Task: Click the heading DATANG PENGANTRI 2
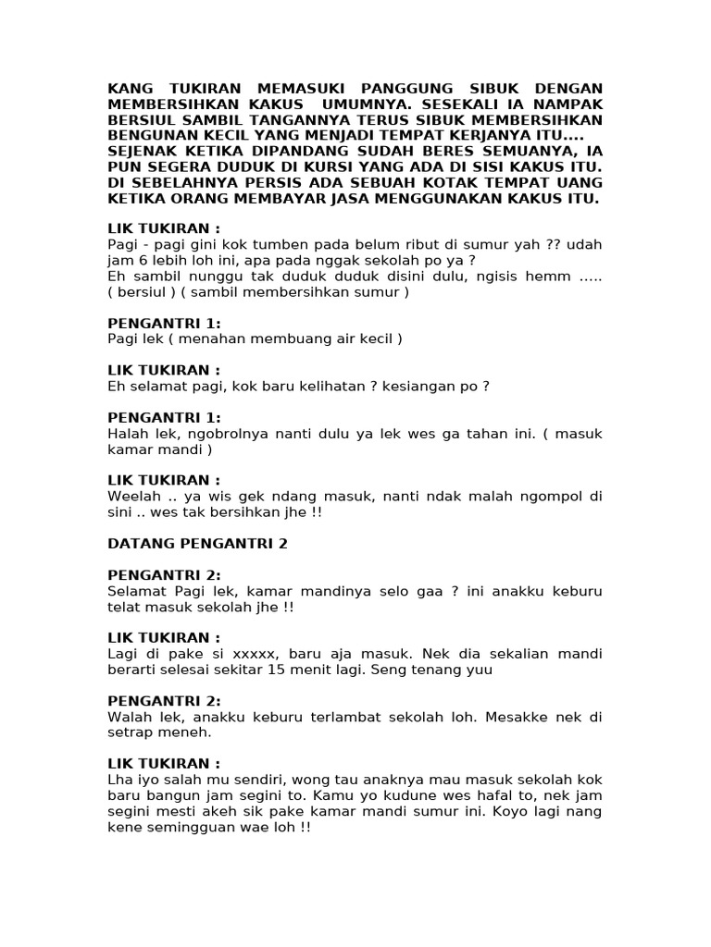click(x=198, y=544)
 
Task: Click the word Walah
click(x=127, y=717)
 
